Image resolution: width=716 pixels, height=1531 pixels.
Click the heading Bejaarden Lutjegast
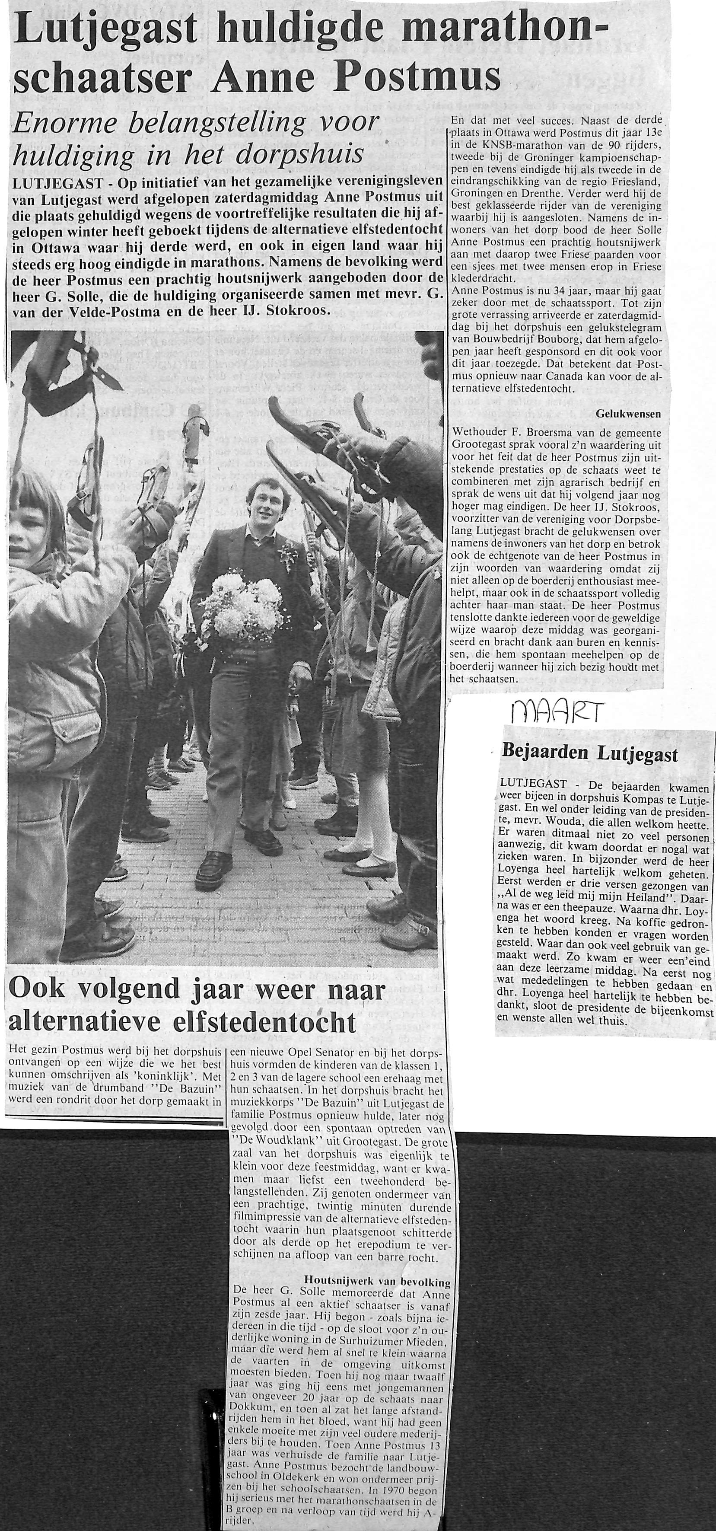pos(589,754)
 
